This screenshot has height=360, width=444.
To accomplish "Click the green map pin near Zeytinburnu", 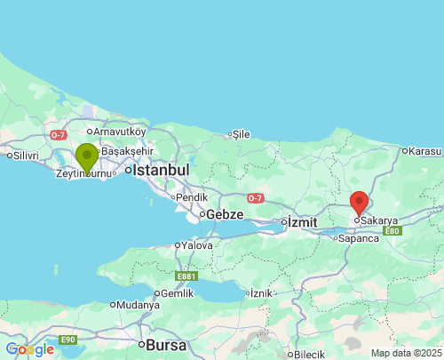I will click(x=86, y=157).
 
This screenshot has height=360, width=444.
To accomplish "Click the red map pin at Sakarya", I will click(x=359, y=203).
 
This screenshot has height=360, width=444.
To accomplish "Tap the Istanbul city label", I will click(x=162, y=169).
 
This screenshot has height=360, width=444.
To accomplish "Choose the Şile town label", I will click(x=241, y=135).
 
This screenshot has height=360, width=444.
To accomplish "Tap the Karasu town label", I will click(x=425, y=151).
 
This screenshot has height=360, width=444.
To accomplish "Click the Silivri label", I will click(x=24, y=156).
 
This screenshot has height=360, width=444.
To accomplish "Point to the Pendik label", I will click(x=192, y=197).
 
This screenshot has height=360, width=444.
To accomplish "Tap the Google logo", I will click(x=29, y=349).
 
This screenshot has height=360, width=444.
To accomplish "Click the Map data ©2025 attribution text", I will click(x=405, y=353).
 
